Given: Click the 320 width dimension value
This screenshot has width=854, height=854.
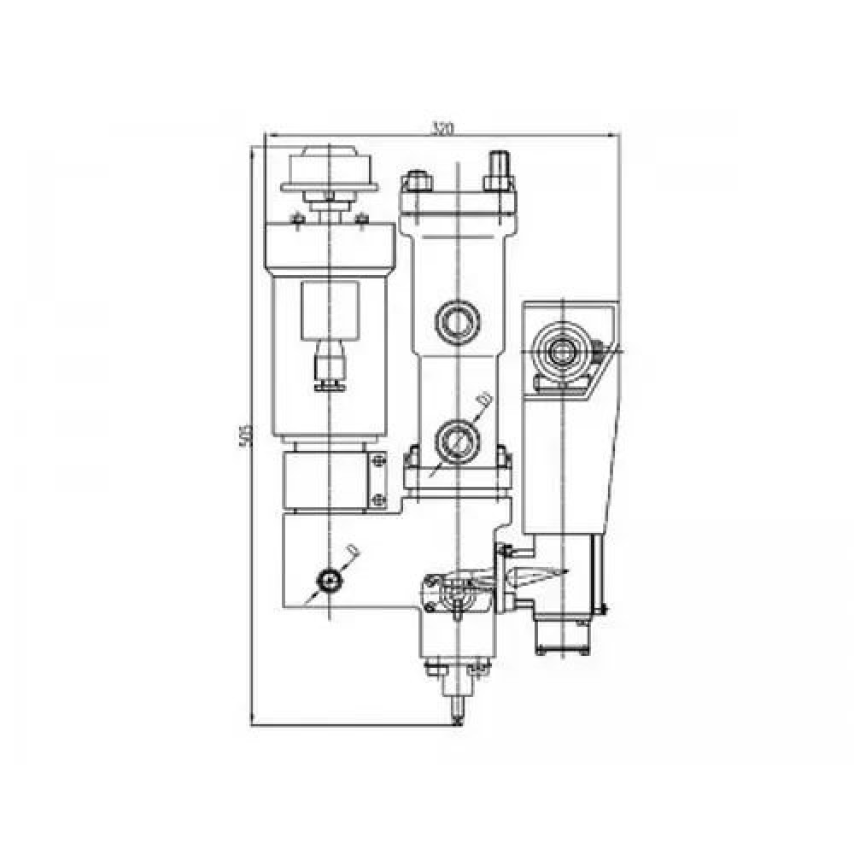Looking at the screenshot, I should coord(441,129).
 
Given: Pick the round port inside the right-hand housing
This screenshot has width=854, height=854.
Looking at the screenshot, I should coord(561,349).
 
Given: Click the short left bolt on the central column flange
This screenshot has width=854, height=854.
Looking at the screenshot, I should coord(418,181).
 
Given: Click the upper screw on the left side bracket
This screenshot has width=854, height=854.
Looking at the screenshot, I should coord(377,464).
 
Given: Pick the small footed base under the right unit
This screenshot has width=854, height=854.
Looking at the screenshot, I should coord(564,649).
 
